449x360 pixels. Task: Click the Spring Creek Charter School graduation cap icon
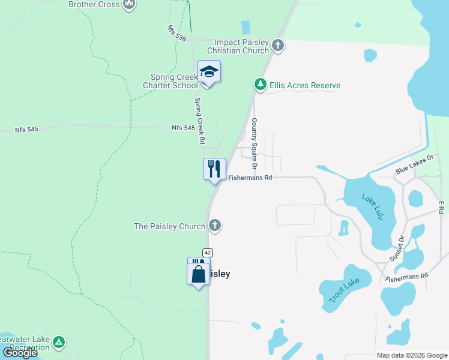[209, 72]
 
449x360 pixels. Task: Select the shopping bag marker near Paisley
[199, 275]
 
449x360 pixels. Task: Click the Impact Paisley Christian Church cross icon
[277, 45]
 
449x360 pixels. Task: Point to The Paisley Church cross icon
[215, 226]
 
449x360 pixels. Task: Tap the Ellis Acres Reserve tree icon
[261, 85]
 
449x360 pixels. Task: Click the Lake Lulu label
[372, 206]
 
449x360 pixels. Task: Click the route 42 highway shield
[207, 253]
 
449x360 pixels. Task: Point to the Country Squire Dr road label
[254, 143]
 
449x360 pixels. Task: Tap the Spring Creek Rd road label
[199, 121]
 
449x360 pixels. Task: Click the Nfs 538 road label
[176, 33]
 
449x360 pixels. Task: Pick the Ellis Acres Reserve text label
[305, 86]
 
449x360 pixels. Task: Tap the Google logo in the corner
[19, 353]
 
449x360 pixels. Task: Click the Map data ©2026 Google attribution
[412, 355]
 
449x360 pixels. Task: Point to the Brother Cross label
[94, 4]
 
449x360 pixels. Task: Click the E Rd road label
[441, 207]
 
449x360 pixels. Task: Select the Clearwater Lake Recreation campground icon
[58, 343]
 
